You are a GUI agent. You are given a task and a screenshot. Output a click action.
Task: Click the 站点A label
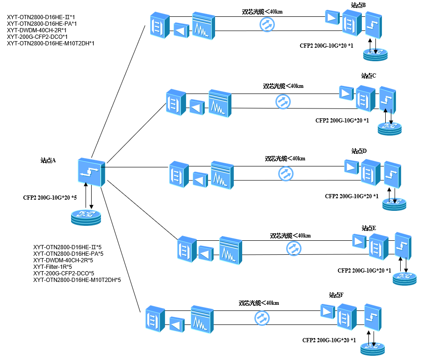click(48, 160)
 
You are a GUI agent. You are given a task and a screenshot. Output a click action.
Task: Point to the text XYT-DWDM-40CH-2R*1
click(36, 30)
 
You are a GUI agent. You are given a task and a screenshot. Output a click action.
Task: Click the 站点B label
click(358, 5)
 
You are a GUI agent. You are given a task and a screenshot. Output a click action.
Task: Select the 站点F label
click(336, 295)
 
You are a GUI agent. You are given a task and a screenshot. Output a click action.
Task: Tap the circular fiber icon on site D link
click(285, 173)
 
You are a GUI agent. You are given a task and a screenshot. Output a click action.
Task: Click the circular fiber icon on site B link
click(267, 24)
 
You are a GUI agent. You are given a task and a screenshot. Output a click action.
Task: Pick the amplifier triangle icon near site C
click(346, 92)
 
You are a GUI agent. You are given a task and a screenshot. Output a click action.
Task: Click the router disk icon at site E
click(404, 278)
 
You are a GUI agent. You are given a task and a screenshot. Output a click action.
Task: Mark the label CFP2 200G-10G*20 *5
click(50, 198)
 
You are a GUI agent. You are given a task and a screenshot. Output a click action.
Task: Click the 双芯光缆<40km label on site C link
click(283, 86)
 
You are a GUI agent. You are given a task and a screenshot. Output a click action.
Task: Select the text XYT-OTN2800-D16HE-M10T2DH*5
click(77, 280)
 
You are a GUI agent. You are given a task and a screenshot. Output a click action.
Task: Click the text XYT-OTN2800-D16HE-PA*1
click(42, 24)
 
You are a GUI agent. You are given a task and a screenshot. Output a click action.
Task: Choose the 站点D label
click(359, 151)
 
